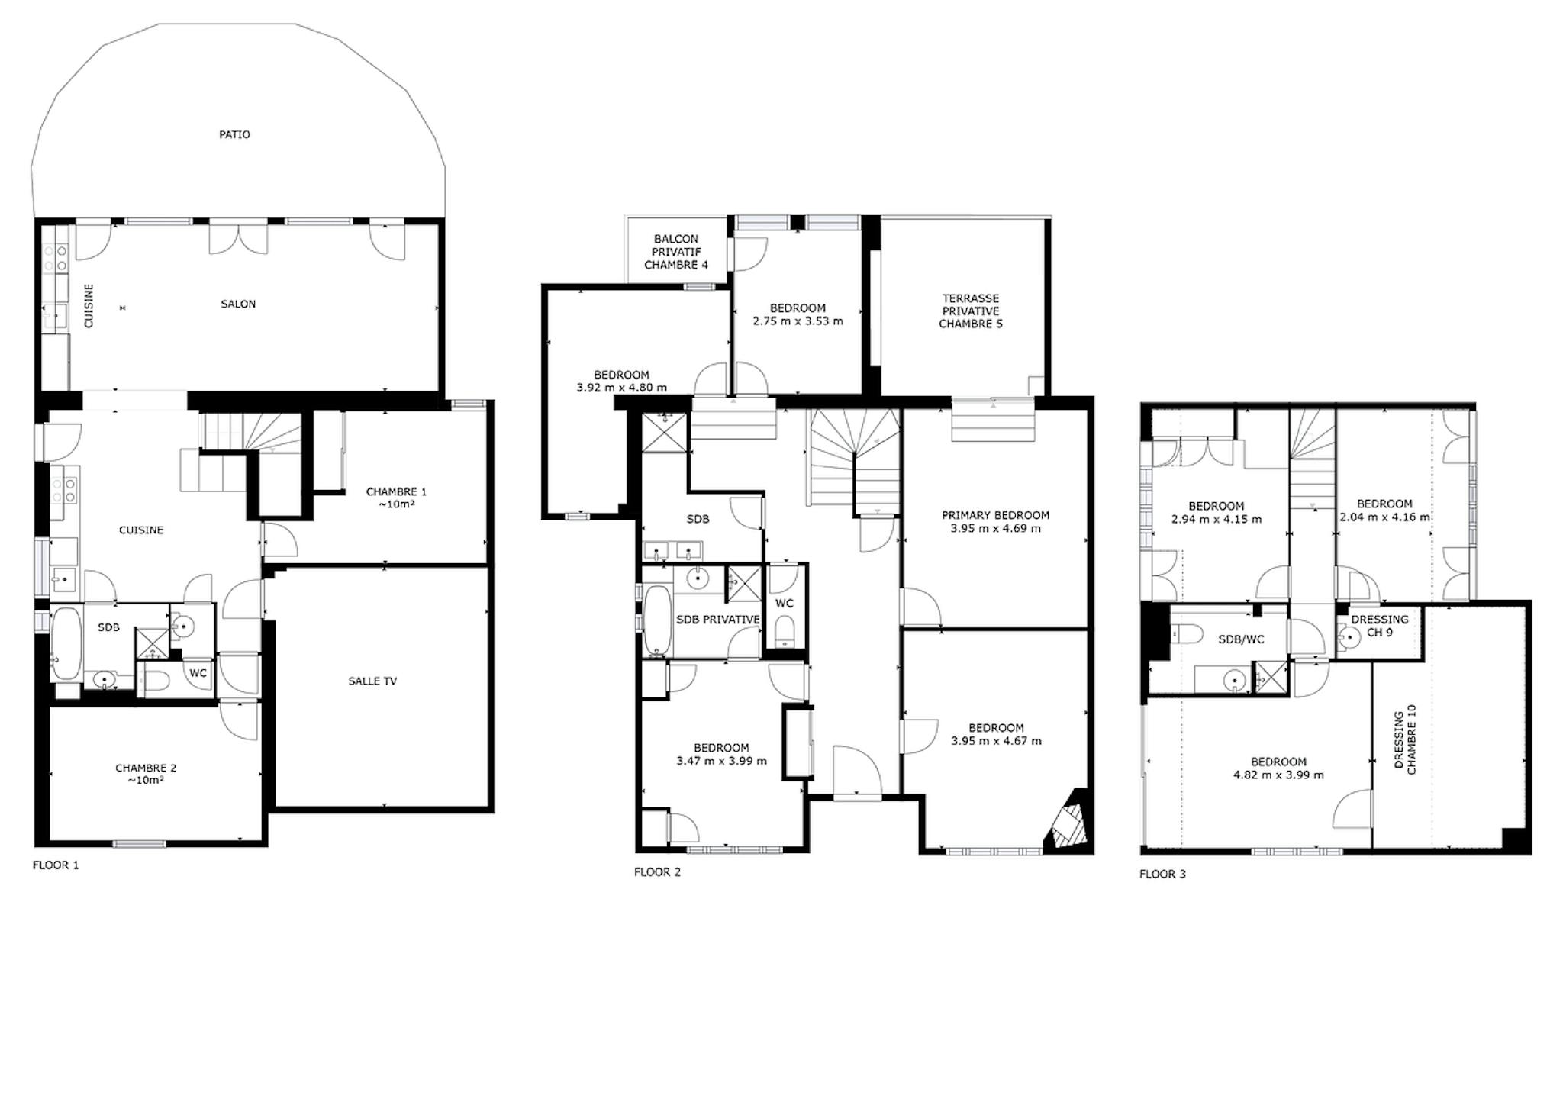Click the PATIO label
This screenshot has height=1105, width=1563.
234,134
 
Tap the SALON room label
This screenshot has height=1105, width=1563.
238,304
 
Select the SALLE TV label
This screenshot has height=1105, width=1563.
372,681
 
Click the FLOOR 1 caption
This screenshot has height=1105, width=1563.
56,865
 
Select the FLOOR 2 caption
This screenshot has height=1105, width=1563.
657,871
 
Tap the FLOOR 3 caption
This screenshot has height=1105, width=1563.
1162,874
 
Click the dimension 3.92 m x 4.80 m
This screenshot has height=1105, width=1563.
621,388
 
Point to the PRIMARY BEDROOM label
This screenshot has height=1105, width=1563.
995,515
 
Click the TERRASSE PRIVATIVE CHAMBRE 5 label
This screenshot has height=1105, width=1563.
971,311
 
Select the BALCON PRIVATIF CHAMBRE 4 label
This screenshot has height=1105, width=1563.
676,252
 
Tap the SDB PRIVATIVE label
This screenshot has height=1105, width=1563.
718,620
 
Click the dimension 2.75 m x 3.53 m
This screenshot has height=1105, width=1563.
798,321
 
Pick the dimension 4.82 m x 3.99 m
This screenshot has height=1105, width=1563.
1278,775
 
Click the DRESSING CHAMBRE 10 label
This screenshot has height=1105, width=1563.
1404,739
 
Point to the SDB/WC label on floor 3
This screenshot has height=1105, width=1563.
1241,639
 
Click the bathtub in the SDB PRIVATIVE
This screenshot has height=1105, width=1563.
657,620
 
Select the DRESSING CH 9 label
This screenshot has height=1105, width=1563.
1380,626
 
